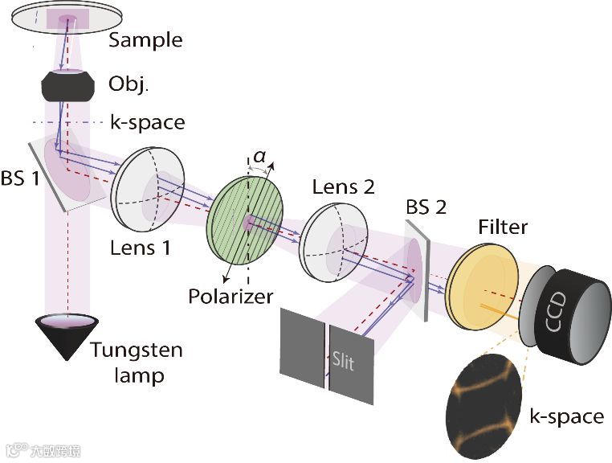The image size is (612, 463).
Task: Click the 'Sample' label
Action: point(145,39)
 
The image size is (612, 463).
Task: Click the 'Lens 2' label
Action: point(343,187)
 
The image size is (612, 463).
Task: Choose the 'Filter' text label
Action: point(503,227)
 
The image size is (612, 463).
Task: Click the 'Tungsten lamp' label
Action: point(137,362)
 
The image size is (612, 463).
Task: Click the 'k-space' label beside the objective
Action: point(147,123)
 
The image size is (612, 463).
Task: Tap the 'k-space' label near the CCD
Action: point(566,416)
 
